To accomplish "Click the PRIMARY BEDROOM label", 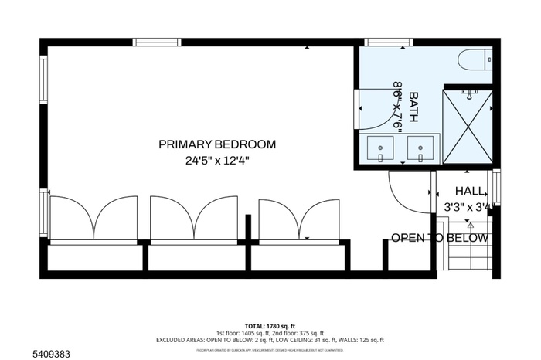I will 217,144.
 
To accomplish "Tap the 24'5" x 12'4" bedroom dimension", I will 217,161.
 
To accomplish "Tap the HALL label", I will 470,191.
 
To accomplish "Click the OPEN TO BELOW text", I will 440,237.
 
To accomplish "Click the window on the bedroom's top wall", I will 157,42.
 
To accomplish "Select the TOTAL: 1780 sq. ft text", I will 270,325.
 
